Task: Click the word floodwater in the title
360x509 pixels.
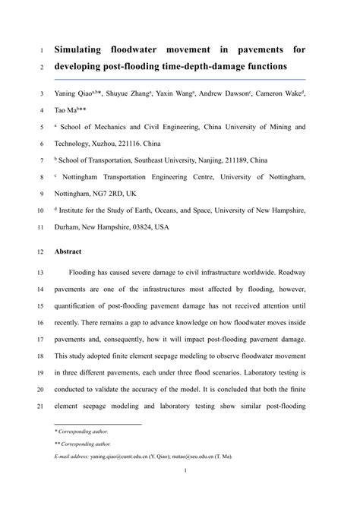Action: (x=150, y=49)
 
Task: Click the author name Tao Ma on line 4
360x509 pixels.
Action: (x=65, y=111)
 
